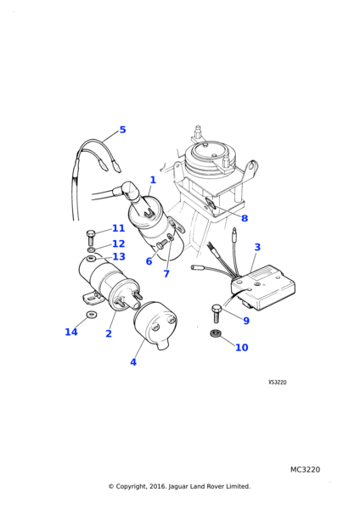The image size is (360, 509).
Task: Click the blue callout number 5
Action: [122, 130]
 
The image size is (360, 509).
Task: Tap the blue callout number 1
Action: [153, 180]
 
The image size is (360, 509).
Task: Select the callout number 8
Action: [245, 218]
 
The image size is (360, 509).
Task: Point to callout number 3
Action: [257, 247]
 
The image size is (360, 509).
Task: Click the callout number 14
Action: [71, 332]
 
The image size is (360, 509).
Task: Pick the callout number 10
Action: [241, 347]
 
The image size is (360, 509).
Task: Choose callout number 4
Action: [133, 362]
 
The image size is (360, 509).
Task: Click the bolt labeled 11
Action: [90, 237]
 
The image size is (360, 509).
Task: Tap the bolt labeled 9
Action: [216, 313]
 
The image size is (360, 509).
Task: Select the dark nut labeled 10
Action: [216, 333]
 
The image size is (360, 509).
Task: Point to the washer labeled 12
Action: [92, 249]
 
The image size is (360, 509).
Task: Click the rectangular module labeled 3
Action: [264, 288]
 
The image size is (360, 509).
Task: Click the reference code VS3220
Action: [278, 383]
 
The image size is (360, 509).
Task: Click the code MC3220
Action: [305, 469]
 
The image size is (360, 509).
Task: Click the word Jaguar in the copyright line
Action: [178, 486]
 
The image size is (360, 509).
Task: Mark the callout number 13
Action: [119, 256]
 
